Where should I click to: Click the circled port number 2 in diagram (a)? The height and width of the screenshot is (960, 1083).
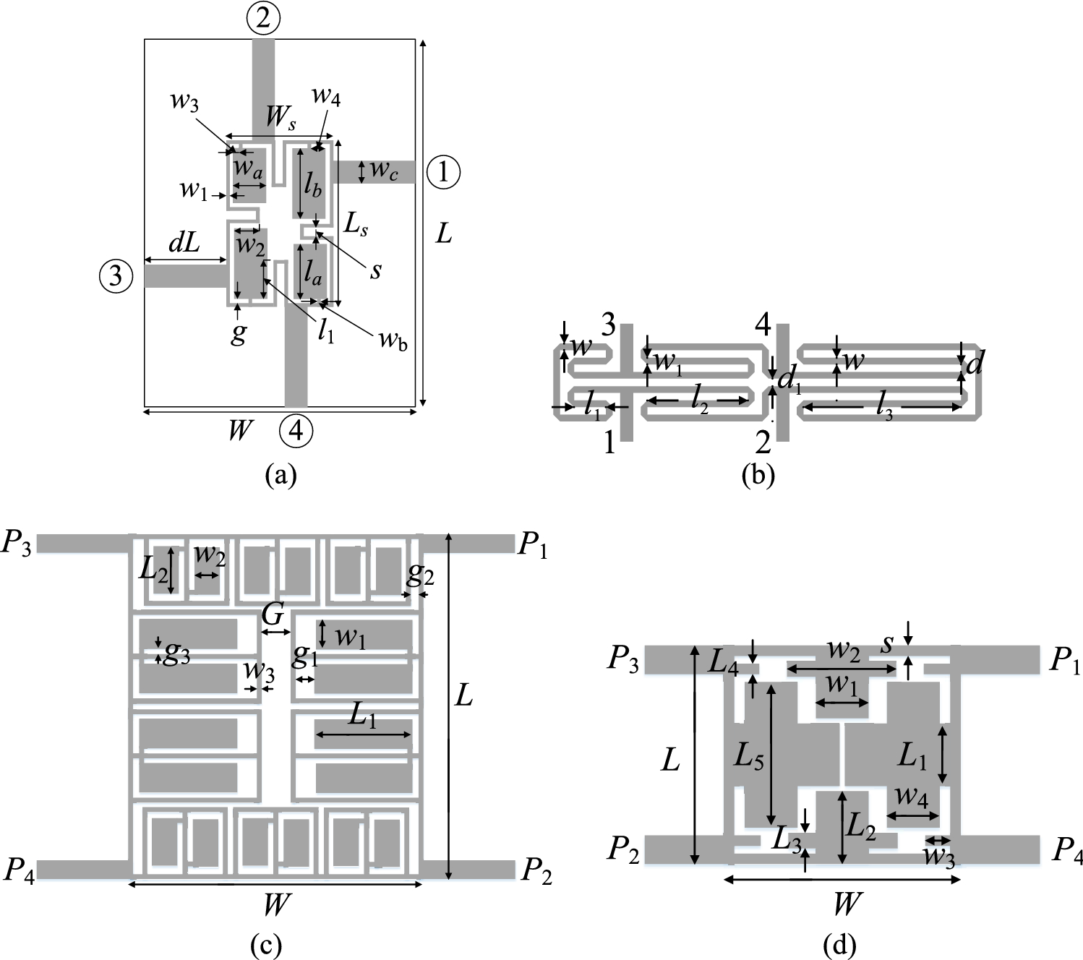(x=262, y=19)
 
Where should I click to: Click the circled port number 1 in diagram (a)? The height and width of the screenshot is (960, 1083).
(x=443, y=172)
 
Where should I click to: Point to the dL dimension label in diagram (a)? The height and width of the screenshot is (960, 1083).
(x=184, y=244)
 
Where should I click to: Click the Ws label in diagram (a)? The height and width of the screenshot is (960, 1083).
(x=280, y=118)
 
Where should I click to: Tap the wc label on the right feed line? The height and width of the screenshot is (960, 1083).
(x=383, y=171)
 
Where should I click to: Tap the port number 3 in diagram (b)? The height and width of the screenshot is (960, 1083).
(x=609, y=325)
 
